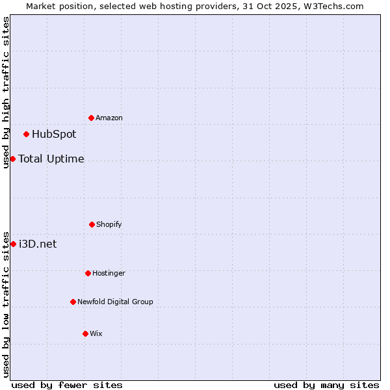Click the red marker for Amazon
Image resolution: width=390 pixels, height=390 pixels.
pyautogui.click(x=92, y=118)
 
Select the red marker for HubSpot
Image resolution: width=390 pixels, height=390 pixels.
pyautogui.click(x=27, y=135)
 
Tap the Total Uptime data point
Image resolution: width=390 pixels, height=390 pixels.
pyautogui.click(x=12, y=159)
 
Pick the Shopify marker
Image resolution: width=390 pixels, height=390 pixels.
pyautogui.click(x=92, y=224)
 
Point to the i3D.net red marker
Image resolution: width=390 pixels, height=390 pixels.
pyautogui.click(x=13, y=244)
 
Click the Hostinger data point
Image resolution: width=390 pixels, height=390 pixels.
pyautogui.click(x=88, y=273)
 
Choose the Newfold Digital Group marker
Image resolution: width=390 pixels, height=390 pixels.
pyautogui.click(x=73, y=302)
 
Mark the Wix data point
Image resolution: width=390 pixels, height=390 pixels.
pyautogui.click(x=85, y=333)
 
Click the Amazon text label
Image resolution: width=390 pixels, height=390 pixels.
pyautogui.click(x=109, y=118)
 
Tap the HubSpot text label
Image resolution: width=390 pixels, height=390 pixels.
pyautogui.click(x=54, y=135)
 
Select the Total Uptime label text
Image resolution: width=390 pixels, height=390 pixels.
pyautogui.click(x=51, y=159)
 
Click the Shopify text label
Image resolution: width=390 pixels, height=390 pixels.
pyautogui.click(x=109, y=224)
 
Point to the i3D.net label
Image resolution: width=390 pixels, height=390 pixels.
pyautogui.click(x=38, y=244)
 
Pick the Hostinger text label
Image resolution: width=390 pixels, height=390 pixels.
pyautogui.click(x=109, y=273)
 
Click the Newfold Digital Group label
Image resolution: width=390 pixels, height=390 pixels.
pyautogui.click(x=116, y=302)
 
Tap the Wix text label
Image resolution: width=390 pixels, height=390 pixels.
pyautogui.click(x=96, y=333)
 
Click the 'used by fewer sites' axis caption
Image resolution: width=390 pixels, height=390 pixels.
pyautogui.click(x=67, y=385)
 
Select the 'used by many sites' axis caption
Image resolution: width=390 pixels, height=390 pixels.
pyautogui.click(x=326, y=385)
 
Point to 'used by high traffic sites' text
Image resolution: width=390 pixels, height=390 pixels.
pyautogui.click(x=6, y=92)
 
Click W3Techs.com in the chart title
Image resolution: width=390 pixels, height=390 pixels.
pyautogui.click(x=331, y=6)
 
